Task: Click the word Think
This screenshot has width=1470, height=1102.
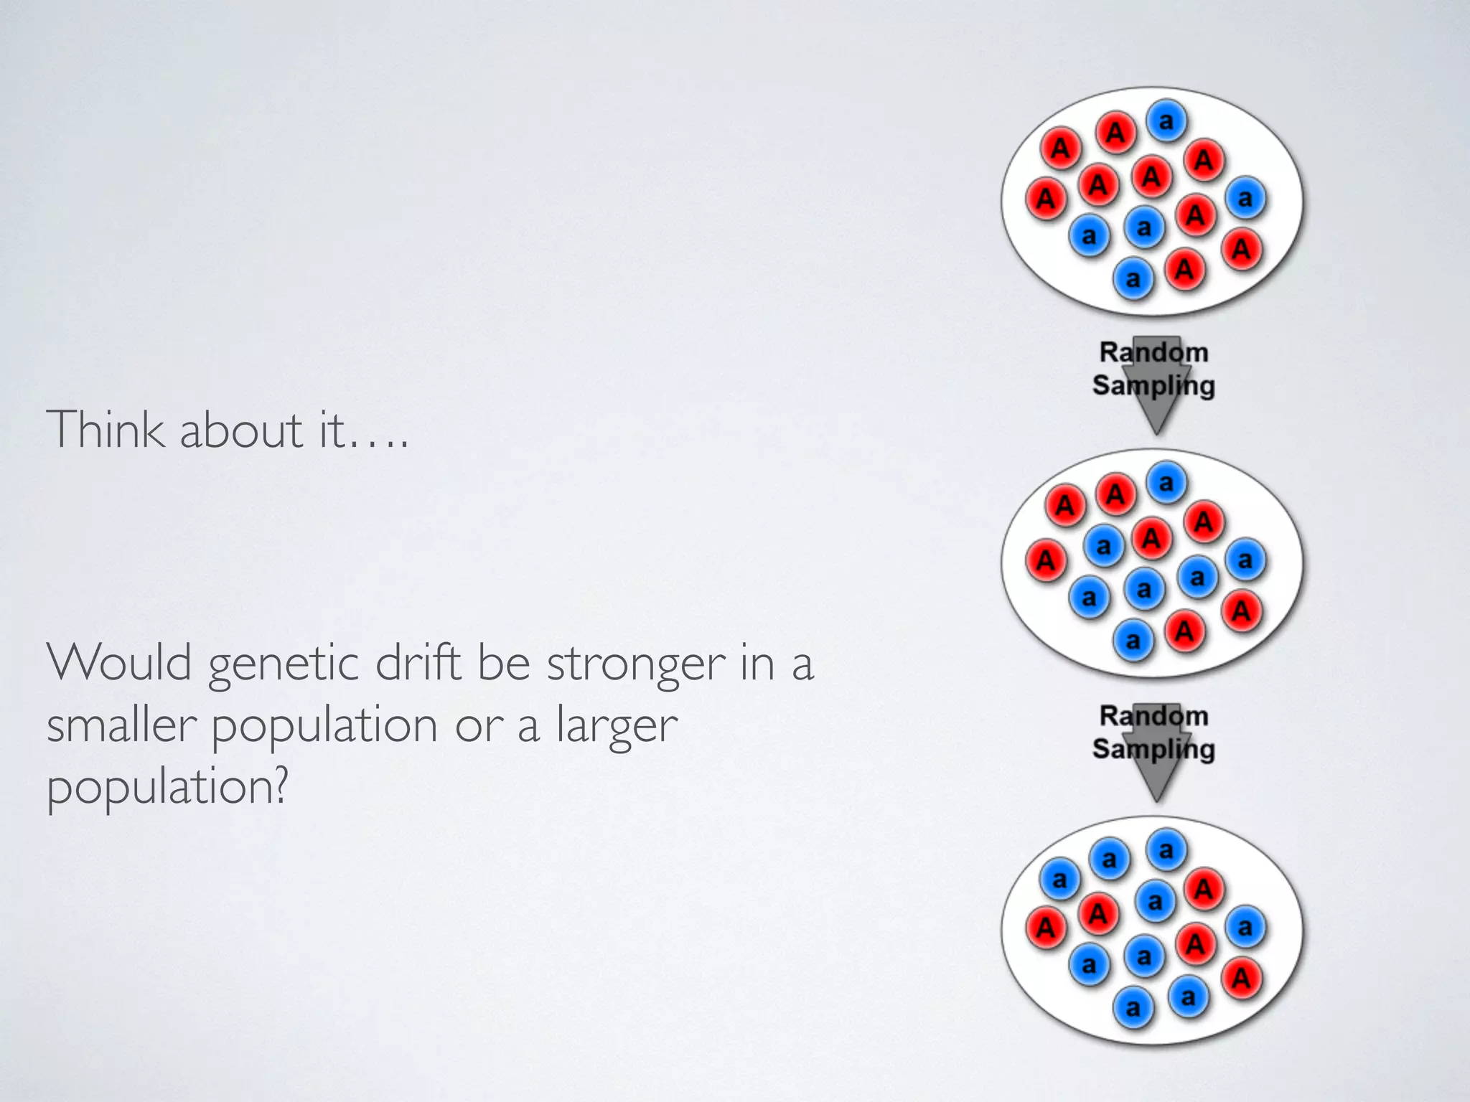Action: coord(105,430)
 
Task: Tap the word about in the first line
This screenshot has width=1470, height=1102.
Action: coord(241,430)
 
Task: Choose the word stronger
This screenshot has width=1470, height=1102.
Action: coord(636,664)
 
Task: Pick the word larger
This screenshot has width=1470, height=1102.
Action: coord(617,726)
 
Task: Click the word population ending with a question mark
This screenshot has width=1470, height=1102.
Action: coord(167,788)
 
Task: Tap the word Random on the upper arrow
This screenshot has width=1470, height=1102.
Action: coord(1153,352)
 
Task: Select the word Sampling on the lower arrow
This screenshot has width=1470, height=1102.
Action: coord(1153,748)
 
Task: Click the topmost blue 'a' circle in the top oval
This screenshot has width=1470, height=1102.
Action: coord(1166,120)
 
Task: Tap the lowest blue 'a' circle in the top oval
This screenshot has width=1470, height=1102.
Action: coord(1133,278)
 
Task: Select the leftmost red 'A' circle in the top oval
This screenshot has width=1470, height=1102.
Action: coord(1046,198)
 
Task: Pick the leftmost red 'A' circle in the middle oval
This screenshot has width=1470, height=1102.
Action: coord(1046,560)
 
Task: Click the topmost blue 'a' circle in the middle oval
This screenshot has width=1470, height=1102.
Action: coord(1166,482)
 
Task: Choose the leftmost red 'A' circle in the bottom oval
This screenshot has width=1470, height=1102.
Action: coord(1046,927)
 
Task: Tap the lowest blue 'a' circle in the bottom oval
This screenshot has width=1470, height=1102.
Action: coord(1133,1008)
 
